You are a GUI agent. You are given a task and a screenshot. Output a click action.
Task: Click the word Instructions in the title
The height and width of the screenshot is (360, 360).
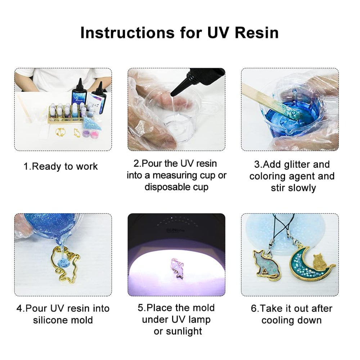(128, 33)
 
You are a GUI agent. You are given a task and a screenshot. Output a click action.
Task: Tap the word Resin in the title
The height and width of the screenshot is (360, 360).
(256, 33)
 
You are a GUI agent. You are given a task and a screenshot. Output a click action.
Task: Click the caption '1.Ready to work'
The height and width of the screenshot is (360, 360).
(60, 167)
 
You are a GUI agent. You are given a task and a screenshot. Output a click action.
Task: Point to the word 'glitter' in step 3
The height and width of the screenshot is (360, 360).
(297, 165)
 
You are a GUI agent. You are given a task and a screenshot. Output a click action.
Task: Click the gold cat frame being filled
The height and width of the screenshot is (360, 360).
(64, 264)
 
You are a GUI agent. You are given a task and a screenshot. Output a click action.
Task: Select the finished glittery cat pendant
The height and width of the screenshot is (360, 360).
(266, 264)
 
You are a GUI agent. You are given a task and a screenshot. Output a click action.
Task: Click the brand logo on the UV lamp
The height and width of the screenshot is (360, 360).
(175, 230)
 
